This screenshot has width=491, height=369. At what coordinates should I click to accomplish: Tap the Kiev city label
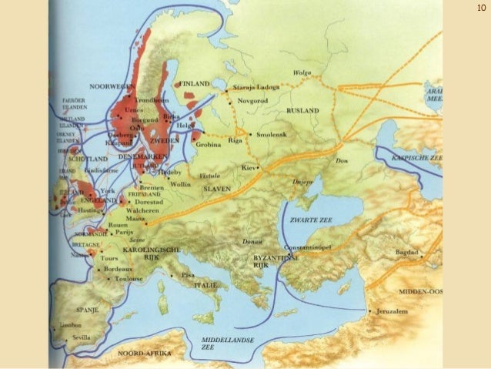[x=246, y=167]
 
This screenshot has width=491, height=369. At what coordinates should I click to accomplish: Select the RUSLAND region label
[x=302, y=111]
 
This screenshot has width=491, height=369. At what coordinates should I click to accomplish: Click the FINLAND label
[x=193, y=82]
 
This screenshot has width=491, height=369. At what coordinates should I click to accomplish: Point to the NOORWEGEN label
[x=111, y=86]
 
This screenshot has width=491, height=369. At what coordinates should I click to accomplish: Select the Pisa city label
[x=188, y=275]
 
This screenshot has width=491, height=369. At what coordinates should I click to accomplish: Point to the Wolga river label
[x=301, y=74]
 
